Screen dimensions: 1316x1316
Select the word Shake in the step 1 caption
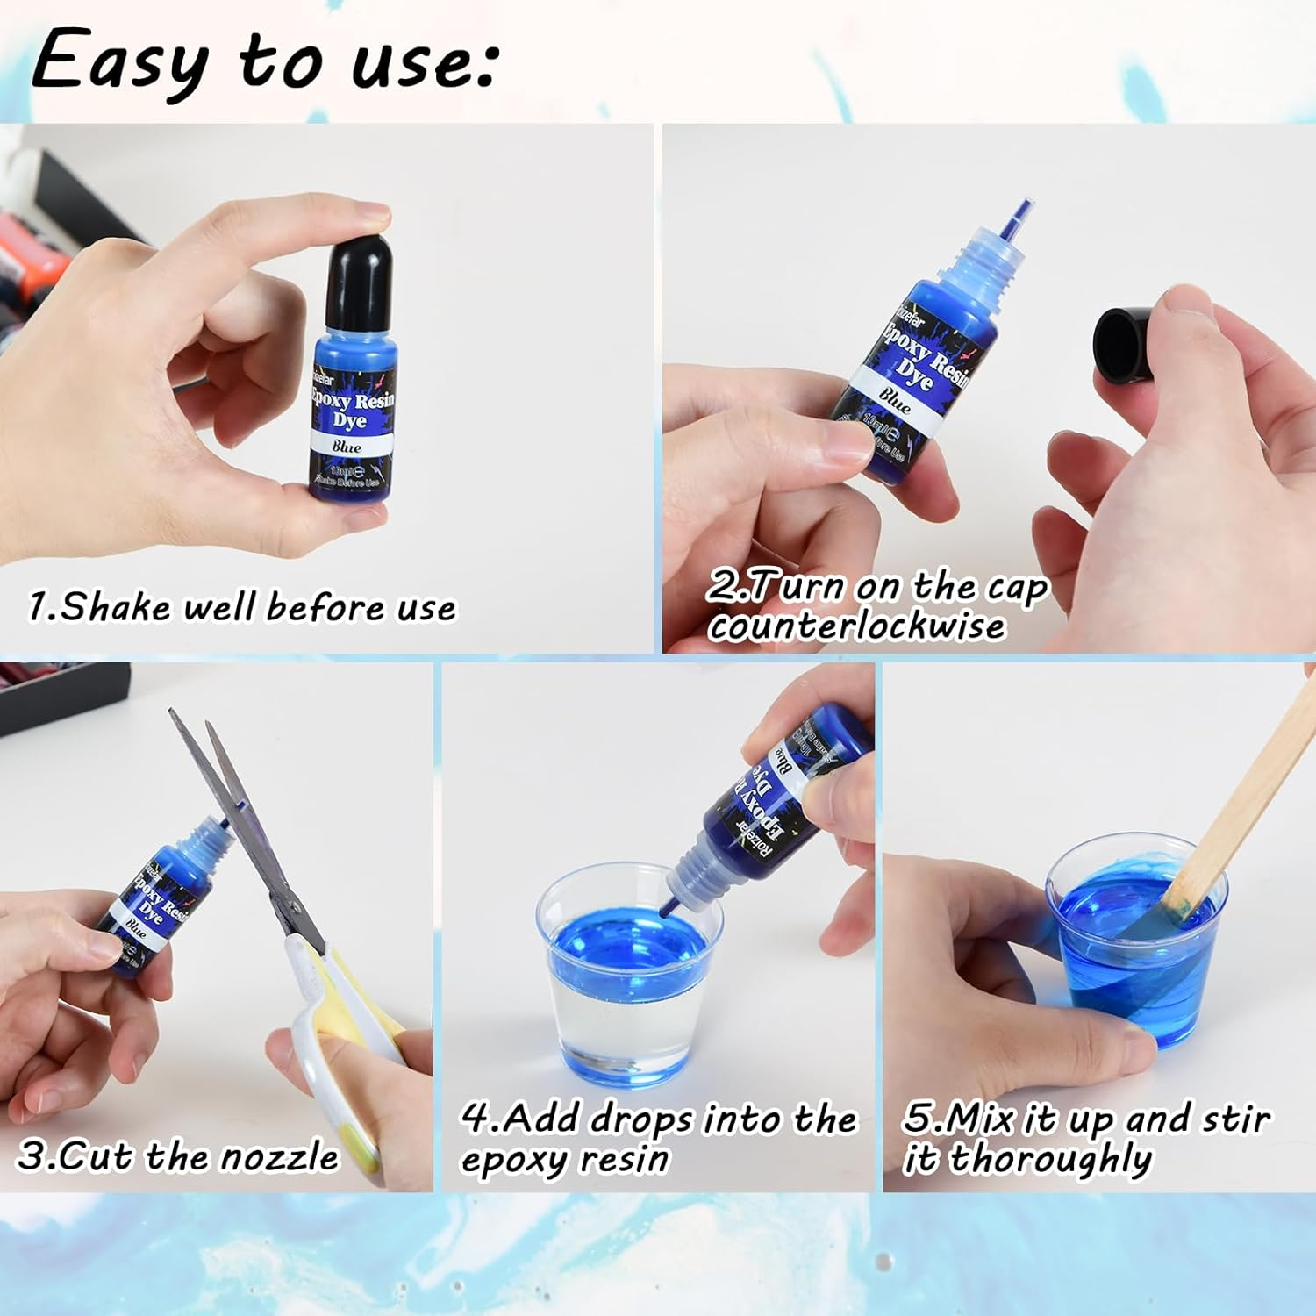pos(115,607)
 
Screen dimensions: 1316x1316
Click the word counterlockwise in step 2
pos(857,626)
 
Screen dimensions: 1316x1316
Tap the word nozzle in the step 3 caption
pos(279,1156)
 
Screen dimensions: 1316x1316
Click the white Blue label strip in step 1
pos(348,447)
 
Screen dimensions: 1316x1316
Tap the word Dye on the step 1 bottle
pos(348,421)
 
